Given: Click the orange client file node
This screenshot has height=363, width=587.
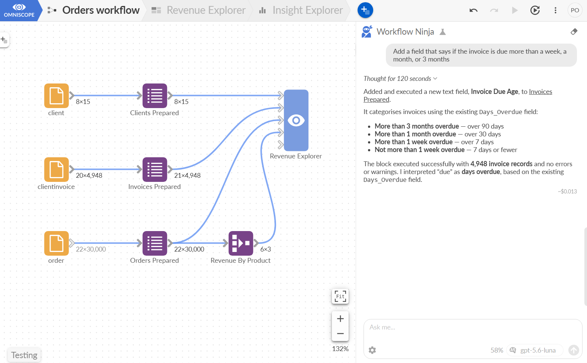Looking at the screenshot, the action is (x=56, y=96).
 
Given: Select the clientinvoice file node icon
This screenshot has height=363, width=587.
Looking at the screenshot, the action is (x=56, y=170).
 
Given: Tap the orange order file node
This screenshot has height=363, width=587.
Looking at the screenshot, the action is (x=56, y=243).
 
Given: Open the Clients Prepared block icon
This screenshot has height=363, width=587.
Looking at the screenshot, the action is (x=155, y=96).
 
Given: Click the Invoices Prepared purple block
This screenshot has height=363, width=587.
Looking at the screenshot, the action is (x=155, y=170).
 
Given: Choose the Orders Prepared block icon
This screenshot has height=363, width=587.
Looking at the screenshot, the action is (x=155, y=243).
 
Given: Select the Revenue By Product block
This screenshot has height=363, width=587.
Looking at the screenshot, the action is (x=241, y=243).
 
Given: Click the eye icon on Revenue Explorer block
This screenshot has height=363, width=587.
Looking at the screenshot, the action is (x=296, y=120).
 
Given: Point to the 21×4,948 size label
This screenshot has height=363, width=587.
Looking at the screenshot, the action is (x=187, y=176).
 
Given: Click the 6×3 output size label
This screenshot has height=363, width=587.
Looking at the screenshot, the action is (x=266, y=249).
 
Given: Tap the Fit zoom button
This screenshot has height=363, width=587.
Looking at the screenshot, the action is (x=340, y=296).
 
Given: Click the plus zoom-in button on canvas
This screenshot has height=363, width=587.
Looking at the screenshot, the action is (x=340, y=319).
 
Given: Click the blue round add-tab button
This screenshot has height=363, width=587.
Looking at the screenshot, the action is (x=365, y=10).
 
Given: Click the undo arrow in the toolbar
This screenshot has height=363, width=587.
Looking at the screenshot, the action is (x=473, y=10).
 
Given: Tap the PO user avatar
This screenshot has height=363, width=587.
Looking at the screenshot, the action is (x=575, y=10).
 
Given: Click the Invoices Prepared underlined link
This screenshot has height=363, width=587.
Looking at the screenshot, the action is (x=458, y=95).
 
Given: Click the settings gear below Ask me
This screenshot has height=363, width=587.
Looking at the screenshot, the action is (x=372, y=350).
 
